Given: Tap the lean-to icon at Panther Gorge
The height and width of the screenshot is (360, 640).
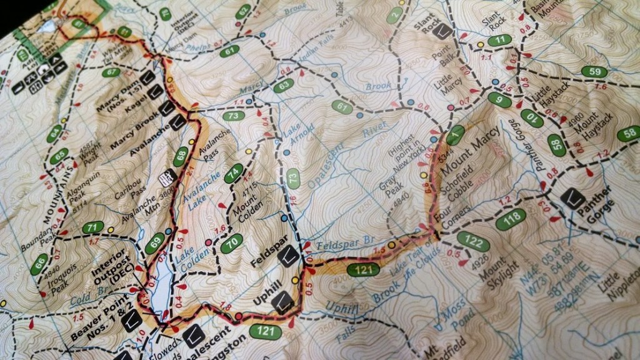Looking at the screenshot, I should tap(572, 199).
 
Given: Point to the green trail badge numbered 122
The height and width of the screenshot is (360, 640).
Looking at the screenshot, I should tap(472, 239).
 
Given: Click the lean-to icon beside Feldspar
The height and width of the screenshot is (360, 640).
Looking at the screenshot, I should tap(288, 256).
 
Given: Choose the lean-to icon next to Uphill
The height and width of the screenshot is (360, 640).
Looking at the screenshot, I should tap(283, 303).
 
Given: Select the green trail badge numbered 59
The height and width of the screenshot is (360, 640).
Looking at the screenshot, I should tap(594, 71).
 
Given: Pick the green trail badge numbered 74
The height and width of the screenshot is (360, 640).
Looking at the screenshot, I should tap(234, 173).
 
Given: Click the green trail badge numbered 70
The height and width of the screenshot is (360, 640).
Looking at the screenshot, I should tap(231, 243).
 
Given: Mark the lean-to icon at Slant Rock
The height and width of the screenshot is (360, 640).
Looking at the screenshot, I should tap(444, 31).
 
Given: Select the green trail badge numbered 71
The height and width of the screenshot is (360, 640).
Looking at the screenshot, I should tap(92, 227).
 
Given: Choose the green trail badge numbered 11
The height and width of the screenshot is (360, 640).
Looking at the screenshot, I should tap(500, 41).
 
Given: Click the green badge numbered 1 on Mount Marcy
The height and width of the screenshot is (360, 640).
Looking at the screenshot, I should tap(456, 132).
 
